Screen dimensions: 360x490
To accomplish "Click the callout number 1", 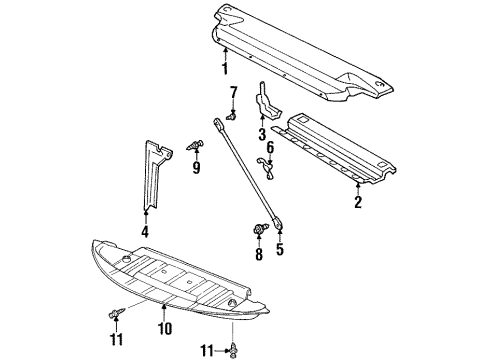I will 225,69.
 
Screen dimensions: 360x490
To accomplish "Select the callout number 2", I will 357,203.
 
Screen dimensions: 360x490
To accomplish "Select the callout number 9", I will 196,168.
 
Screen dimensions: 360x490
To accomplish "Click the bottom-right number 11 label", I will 206,351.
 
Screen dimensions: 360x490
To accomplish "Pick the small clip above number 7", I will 230,116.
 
